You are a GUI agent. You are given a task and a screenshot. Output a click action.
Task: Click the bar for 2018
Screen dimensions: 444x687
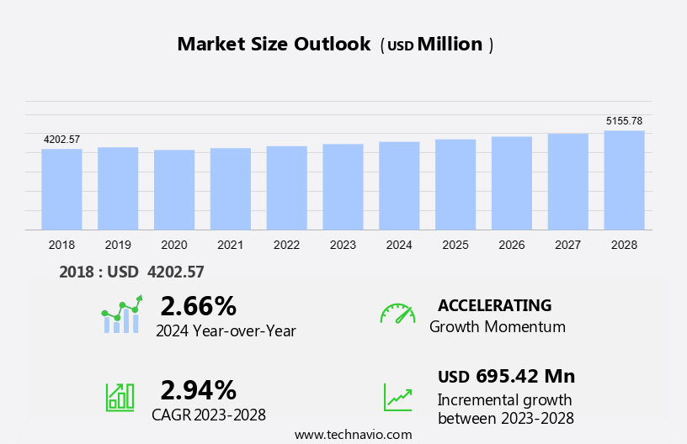coord(61,189)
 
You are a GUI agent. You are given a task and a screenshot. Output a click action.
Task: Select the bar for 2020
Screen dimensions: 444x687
coord(174,190)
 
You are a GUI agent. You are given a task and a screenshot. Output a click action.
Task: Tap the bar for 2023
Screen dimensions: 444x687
coord(343,187)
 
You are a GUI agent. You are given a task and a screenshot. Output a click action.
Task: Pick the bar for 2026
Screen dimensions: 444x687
coord(512,183)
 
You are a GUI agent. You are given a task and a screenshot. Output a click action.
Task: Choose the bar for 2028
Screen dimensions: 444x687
coord(624,180)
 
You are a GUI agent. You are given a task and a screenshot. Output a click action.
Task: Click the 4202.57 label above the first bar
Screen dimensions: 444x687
coord(61,139)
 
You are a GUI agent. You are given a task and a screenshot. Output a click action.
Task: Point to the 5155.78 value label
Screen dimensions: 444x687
coord(624,121)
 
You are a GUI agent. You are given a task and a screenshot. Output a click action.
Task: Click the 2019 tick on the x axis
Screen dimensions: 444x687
coord(118,245)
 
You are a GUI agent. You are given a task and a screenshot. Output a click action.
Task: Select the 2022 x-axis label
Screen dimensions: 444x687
coord(286,245)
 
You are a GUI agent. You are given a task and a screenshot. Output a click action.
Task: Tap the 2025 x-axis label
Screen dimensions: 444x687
coord(455,245)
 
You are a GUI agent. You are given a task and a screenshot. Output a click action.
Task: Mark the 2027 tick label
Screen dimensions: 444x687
coord(568,245)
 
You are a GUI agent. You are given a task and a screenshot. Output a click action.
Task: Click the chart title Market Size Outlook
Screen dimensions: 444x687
coord(274,45)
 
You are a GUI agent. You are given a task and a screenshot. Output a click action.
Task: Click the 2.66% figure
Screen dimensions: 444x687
coord(198,305)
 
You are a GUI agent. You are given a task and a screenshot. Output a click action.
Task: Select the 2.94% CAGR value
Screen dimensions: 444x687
coord(198,389)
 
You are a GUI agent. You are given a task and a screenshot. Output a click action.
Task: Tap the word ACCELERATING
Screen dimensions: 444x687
coord(494,305)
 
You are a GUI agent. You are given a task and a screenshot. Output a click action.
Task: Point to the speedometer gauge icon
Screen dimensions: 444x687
coord(397,314)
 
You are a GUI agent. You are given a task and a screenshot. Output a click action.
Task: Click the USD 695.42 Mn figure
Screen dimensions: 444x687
coord(506,376)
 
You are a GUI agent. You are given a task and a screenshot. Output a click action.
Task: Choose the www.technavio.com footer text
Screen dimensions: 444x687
coord(354,434)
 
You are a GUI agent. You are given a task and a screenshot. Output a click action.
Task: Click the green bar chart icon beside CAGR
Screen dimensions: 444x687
coord(120,396)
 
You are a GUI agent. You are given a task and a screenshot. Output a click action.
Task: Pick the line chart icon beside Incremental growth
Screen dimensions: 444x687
coord(397,396)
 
